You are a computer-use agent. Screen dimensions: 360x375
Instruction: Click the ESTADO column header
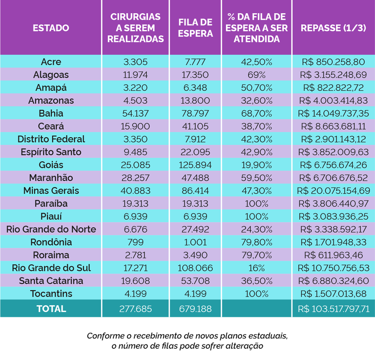click(x=51, y=28)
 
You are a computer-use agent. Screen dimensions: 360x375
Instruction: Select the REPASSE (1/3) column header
click(x=333, y=28)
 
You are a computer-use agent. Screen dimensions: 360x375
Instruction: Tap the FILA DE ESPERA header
click(x=195, y=28)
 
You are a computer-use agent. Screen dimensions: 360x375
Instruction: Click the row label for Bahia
click(x=51, y=113)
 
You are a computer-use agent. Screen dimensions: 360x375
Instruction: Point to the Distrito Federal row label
click(x=51, y=139)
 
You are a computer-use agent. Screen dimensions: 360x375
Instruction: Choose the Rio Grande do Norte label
click(x=51, y=229)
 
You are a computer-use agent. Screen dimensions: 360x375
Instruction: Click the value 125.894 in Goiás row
click(x=195, y=165)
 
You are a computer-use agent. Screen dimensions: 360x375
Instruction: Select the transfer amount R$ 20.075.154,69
click(x=333, y=191)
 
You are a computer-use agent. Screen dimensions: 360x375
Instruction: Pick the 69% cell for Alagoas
click(x=256, y=75)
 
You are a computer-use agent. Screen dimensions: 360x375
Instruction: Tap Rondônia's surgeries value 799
click(x=135, y=242)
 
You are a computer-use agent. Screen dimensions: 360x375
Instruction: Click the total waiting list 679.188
click(x=195, y=309)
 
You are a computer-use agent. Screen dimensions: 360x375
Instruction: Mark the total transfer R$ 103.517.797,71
click(x=333, y=309)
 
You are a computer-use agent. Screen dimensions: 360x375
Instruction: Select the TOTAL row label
click(x=51, y=309)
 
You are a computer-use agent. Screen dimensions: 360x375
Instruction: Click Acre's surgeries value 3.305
click(x=135, y=62)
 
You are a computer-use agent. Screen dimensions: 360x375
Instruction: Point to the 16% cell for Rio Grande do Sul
click(x=256, y=268)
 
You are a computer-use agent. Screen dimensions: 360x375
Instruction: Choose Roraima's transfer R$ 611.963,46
click(x=333, y=255)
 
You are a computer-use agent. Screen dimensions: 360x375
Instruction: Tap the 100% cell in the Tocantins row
click(x=256, y=294)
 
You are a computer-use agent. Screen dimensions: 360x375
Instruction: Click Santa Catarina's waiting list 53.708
click(x=195, y=281)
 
